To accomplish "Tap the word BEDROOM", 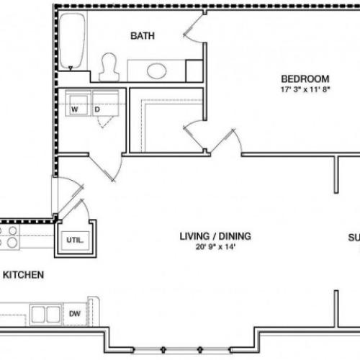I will pyautogui.click(x=305, y=78).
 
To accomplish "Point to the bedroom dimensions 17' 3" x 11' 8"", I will pyautogui.click(x=305, y=89).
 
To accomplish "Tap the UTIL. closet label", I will pyautogui.click(x=75, y=240).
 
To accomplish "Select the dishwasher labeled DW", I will pyautogui.click(x=76, y=313).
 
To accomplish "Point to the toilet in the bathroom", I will pyautogui.click(x=110, y=66).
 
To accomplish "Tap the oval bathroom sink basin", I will pyautogui.click(x=156, y=71).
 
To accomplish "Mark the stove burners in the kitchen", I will pyautogui.click(x=10, y=237).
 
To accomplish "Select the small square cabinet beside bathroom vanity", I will pyautogui.click(x=194, y=71).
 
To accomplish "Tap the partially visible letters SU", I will pyautogui.click(x=354, y=237).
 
